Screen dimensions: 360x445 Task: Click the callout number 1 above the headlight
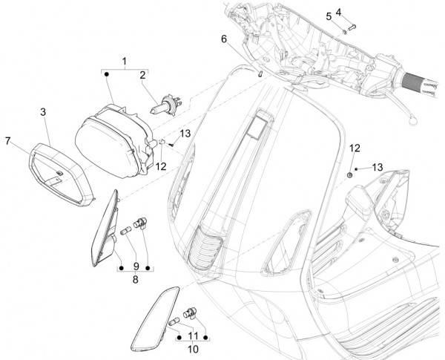[124, 59]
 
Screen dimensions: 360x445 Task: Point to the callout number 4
[359, 12]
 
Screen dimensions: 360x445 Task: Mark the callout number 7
[8, 140]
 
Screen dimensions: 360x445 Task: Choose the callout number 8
[134, 280]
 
